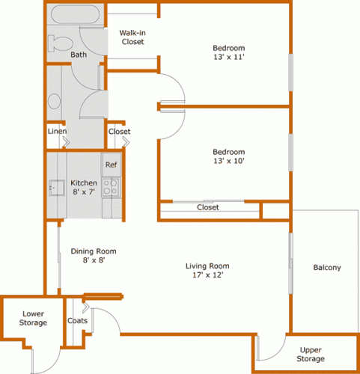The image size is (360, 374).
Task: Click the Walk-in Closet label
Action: pos(132,37)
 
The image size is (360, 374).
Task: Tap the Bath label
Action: pos(79,55)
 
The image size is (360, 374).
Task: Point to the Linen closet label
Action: pos(57,132)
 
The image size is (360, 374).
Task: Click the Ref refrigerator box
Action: pos(111,165)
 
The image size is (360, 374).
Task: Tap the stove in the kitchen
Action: pos(111,186)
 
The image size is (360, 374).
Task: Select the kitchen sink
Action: pos(55,186)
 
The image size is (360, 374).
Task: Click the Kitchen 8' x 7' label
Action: pos(83,188)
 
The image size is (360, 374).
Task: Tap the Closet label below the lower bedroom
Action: pos(208,207)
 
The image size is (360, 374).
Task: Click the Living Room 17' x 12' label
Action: pos(208,270)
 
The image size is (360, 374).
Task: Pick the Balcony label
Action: pos(326,268)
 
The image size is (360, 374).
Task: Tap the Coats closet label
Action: pos(77,321)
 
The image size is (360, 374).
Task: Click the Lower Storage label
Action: pos(34,318)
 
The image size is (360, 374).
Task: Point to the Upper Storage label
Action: pos(311,354)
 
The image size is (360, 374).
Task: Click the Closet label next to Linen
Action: pos(119,132)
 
